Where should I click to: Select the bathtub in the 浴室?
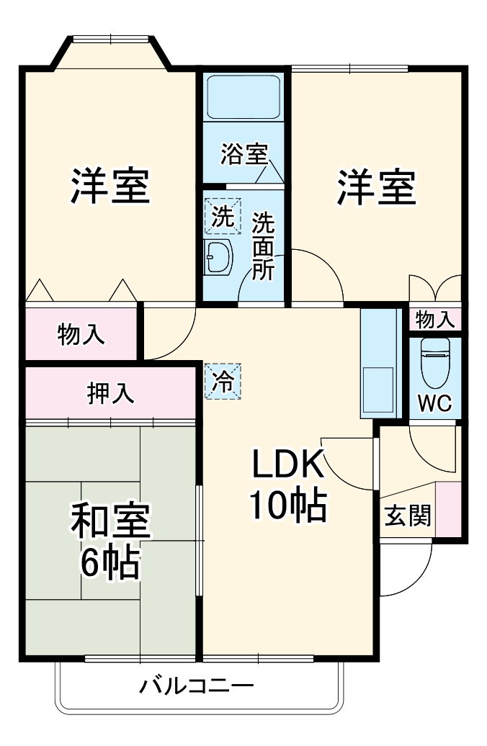(243, 98)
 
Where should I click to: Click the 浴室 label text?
(244, 154)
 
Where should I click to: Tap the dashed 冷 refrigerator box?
(224, 382)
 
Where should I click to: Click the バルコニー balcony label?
(196, 685)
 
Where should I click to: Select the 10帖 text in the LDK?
(288, 507)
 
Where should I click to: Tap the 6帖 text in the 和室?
(110, 562)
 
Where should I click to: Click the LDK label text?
(288, 466)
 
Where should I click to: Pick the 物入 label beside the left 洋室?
(81, 334)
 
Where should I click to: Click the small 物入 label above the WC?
(435, 318)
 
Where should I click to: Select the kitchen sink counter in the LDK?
(379, 363)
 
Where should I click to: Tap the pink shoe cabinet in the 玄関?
(449, 509)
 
